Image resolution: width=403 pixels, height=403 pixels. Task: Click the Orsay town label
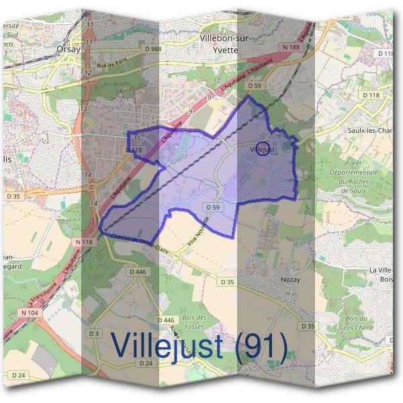(68, 48)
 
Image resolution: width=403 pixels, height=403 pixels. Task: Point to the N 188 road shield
(290, 48)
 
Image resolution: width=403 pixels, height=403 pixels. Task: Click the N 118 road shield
(84, 241)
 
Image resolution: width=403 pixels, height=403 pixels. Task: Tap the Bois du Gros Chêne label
(359, 323)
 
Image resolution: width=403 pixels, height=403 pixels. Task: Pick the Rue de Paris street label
(111, 65)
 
